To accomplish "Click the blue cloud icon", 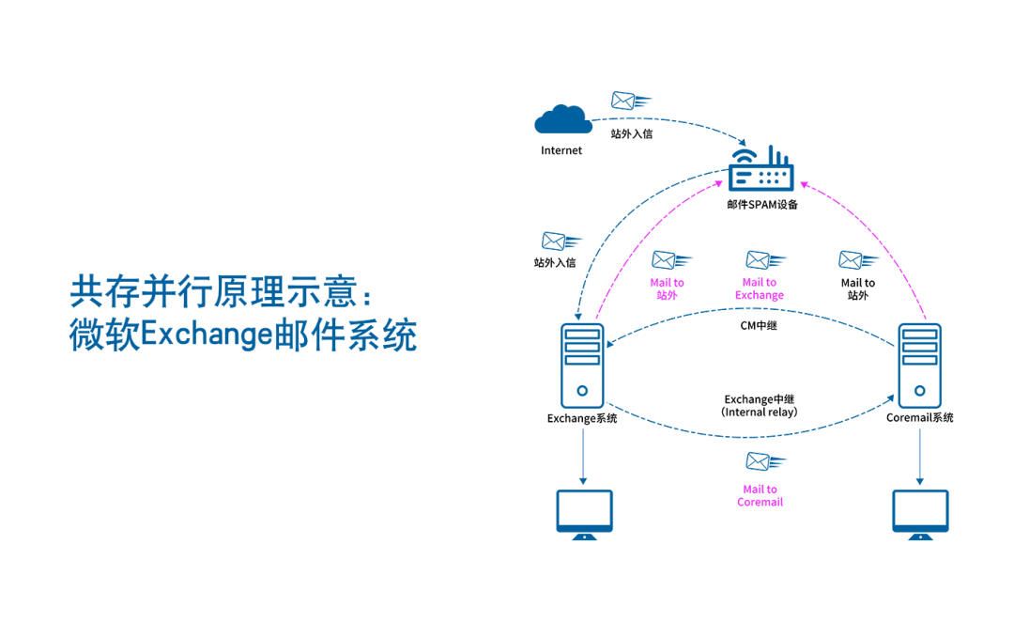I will tap(563, 119).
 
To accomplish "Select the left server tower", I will tap(582, 366).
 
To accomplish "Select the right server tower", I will tap(919, 366).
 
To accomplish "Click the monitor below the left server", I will tap(584, 513).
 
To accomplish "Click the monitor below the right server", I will tap(920, 513).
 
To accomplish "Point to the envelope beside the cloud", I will tap(629, 100).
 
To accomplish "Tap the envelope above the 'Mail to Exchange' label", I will tap(765, 260).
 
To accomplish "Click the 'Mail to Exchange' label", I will tap(759, 288).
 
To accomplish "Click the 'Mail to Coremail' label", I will tap(760, 496).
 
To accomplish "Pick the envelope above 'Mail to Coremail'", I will tap(765, 461).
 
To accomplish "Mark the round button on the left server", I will tap(582, 389).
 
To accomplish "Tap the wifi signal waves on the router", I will tap(744, 155).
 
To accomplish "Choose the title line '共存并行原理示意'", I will tap(221, 293).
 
